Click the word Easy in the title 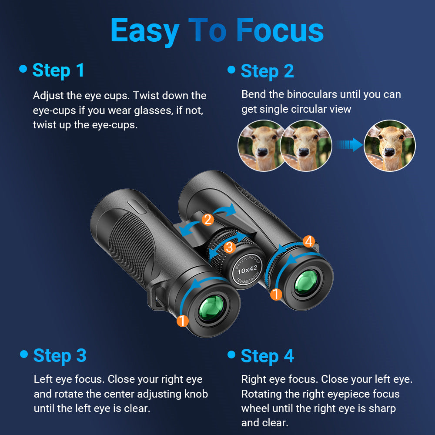[x=144, y=30]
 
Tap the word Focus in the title [x=280, y=30]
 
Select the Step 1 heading [x=58, y=70]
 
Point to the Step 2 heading [x=267, y=71]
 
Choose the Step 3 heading [x=60, y=355]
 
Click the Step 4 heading [x=267, y=356]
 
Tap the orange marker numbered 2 [x=208, y=220]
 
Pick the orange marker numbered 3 [x=230, y=248]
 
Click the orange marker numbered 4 [x=308, y=241]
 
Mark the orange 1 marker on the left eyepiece [x=183, y=321]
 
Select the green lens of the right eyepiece [x=307, y=282]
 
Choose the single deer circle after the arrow [x=389, y=146]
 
